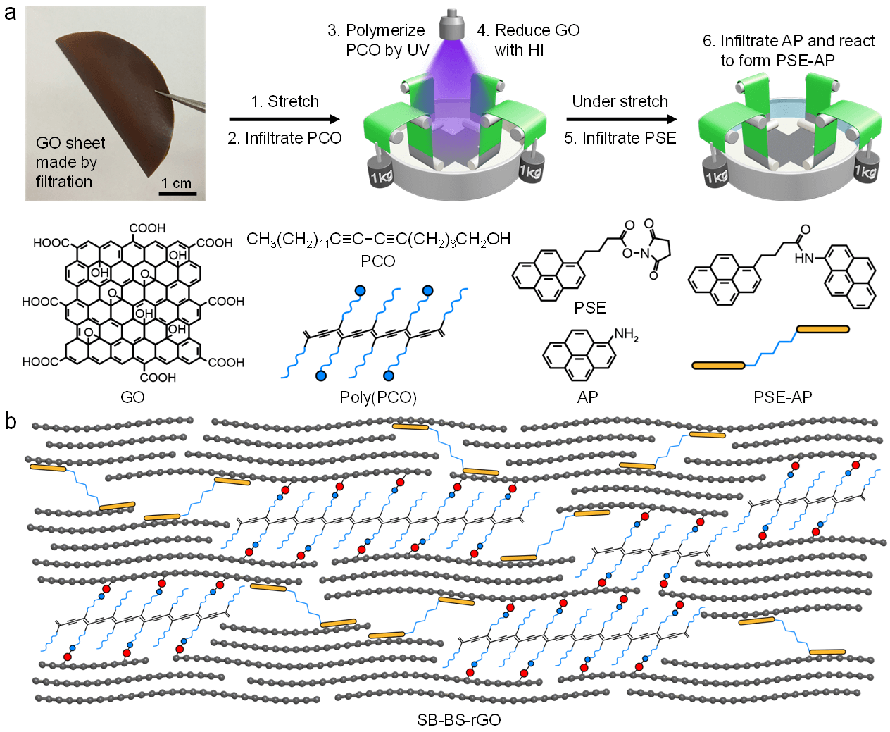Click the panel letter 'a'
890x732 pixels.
(x=10, y=12)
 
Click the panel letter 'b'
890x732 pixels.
(x=11, y=421)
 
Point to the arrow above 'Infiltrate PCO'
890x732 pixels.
(x=284, y=120)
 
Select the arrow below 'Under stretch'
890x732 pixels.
(x=621, y=120)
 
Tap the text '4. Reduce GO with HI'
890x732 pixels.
(x=527, y=40)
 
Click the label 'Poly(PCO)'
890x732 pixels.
(x=378, y=397)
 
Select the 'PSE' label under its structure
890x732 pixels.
(x=590, y=308)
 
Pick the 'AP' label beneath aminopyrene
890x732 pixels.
(x=587, y=397)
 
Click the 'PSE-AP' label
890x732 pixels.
(x=782, y=397)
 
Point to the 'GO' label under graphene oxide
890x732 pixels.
(x=132, y=397)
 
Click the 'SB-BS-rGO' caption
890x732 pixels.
(x=458, y=720)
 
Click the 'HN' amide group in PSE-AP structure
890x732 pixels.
(x=803, y=258)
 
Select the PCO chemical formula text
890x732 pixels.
(x=378, y=240)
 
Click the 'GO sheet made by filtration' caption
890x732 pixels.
(x=69, y=162)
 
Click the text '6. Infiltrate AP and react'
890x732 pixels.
(x=788, y=41)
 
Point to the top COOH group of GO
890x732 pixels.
(x=147, y=228)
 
